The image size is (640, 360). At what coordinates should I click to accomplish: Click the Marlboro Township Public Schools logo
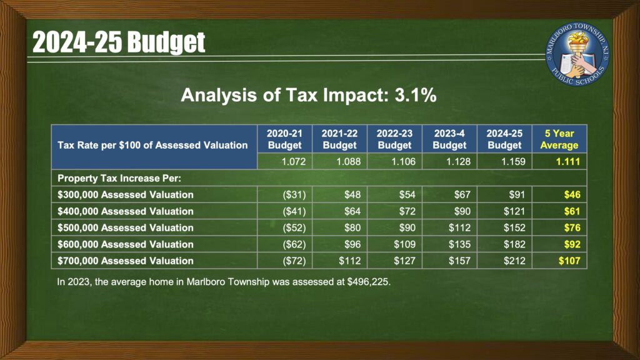tap(578, 54)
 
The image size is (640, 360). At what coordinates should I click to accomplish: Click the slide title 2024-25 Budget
tap(118, 42)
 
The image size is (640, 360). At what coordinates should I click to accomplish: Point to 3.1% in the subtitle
tap(416, 95)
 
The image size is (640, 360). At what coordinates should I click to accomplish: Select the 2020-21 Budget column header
tap(284, 139)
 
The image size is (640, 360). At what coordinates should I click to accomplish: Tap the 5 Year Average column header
tap(559, 139)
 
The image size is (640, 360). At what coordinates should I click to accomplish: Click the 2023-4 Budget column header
tap(449, 139)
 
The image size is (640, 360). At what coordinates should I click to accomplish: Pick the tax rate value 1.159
tap(513, 162)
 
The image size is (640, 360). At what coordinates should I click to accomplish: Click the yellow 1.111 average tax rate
tap(567, 162)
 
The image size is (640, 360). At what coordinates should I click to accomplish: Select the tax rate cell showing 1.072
tap(294, 162)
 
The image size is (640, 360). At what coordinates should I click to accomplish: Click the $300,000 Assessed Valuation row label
tap(125, 195)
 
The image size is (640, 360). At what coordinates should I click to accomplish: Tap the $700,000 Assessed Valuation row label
tap(125, 261)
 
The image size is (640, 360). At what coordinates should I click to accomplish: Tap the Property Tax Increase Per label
tap(119, 178)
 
